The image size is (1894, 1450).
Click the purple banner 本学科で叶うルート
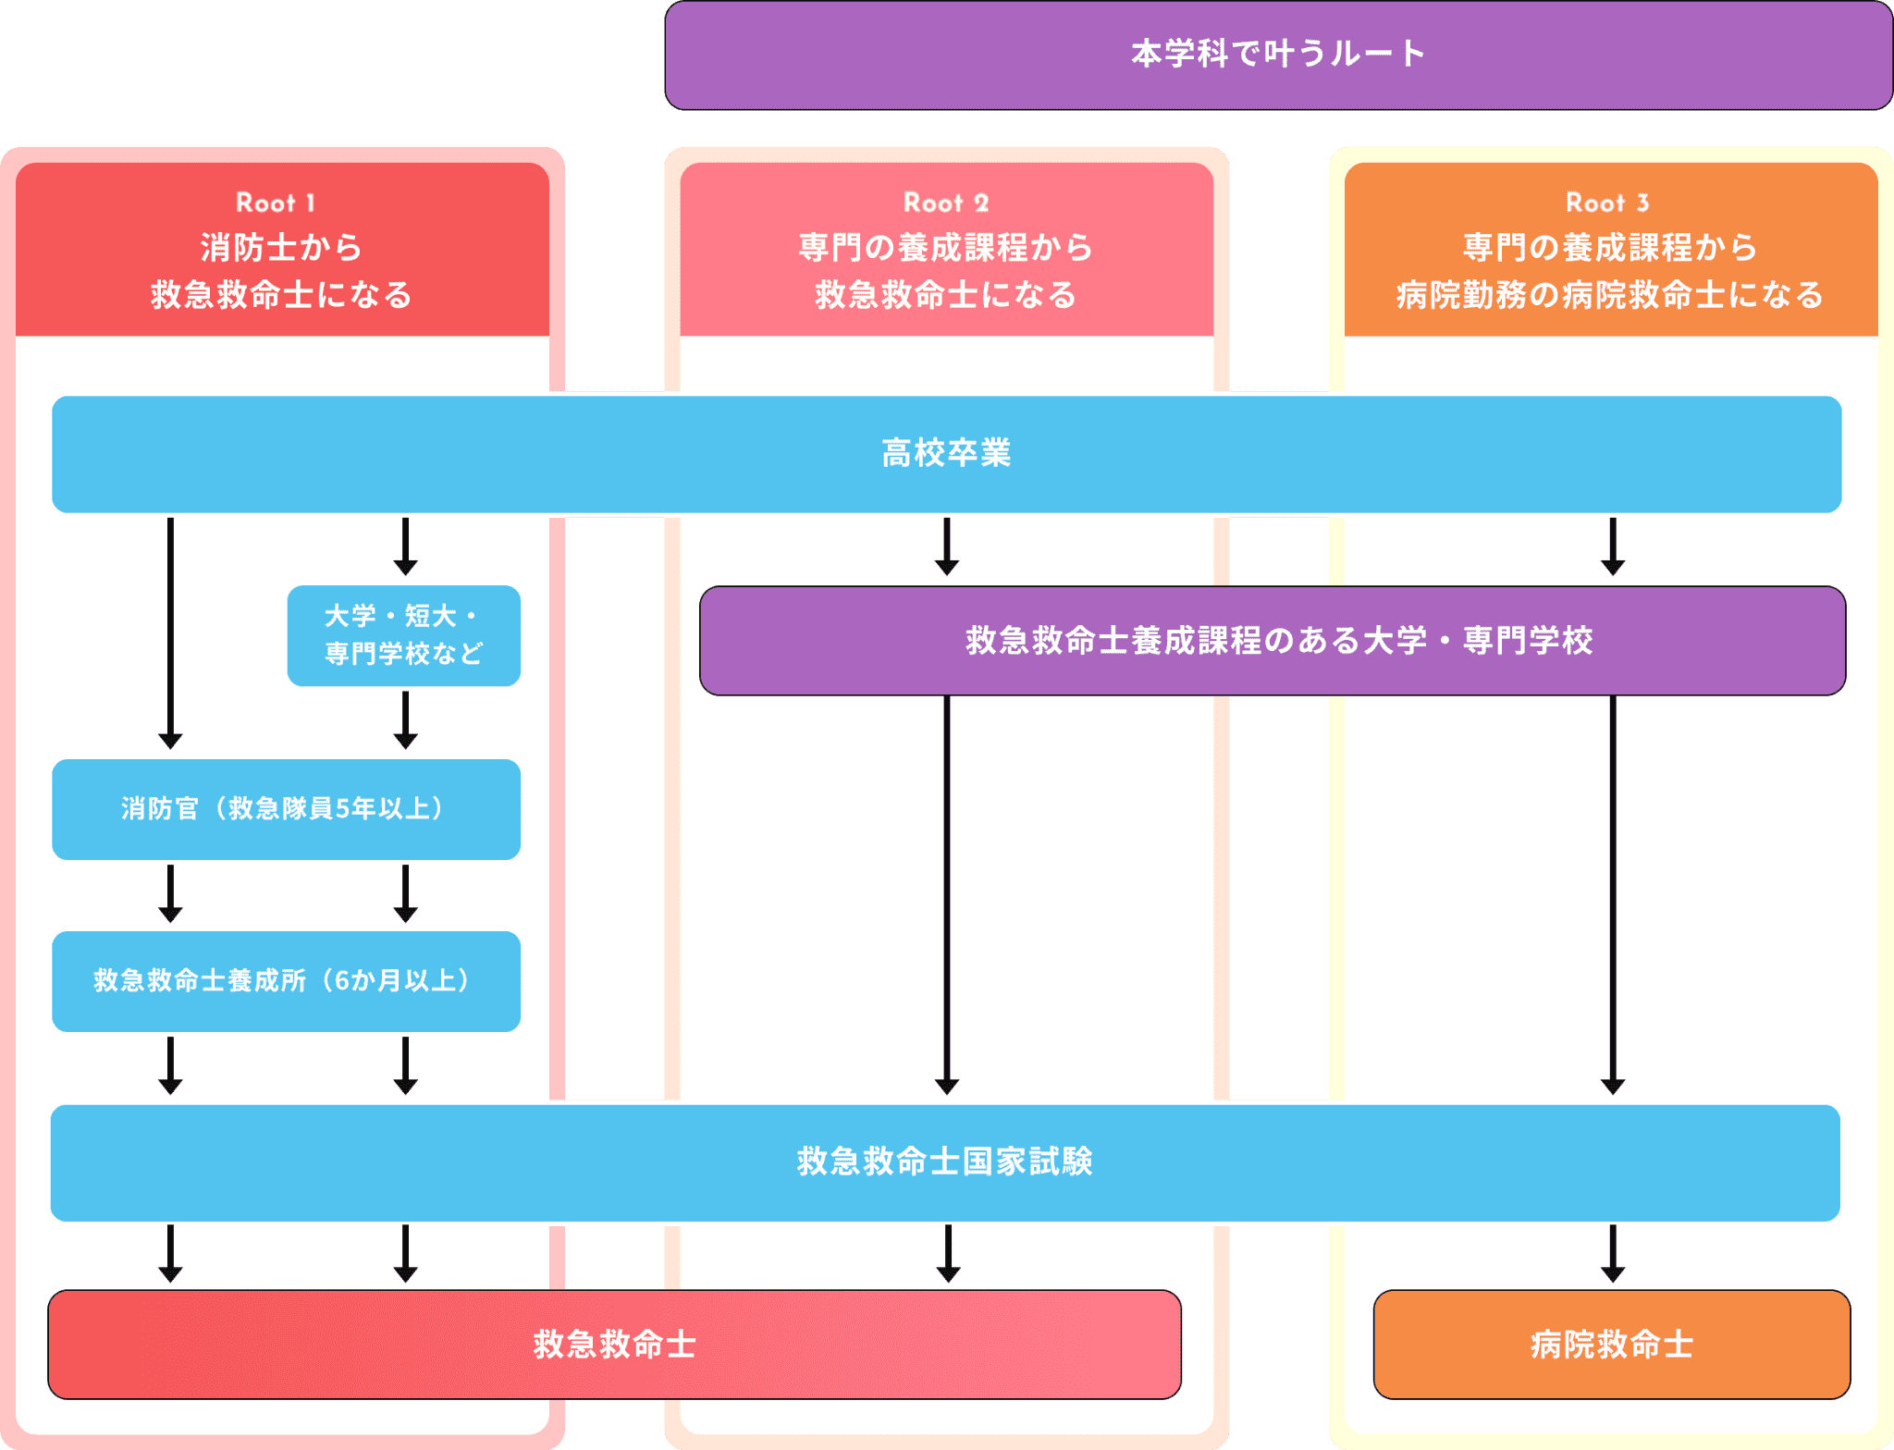point(1278,55)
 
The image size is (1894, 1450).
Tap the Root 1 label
point(276,203)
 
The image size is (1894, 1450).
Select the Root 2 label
point(946,203)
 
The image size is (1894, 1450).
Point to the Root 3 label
point(1607,203)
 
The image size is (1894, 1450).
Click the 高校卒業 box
point(946,454)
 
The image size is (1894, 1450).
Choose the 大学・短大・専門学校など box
point(403,635)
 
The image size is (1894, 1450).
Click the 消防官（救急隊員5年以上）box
point(286,809)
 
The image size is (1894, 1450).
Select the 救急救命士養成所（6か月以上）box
point(286,981)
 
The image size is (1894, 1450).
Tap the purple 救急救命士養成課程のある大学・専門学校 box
point(1273,640)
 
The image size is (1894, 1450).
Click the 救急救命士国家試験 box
point(945,1162)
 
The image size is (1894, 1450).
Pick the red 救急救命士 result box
point(614,1344)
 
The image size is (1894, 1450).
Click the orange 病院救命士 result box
point(1611,1344)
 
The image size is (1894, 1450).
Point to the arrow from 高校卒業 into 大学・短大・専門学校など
point(405,547)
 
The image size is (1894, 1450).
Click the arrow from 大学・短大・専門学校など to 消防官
point(405,720)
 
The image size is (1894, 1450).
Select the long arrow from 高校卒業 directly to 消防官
point(170,633)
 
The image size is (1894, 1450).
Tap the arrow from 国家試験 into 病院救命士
point(1613,1254)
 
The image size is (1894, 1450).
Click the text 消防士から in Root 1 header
point(281,248)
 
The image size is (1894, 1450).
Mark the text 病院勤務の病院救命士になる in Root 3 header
point(1609,295)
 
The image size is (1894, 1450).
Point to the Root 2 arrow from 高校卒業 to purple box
point(947,547)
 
